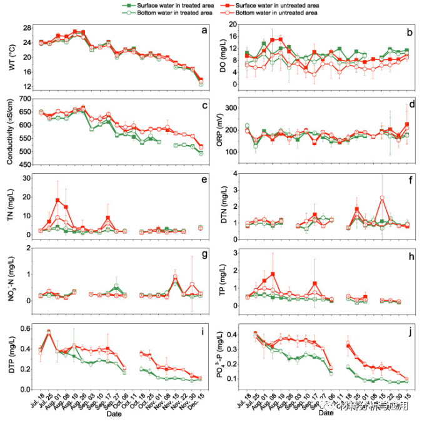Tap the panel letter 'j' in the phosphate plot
(x=409, y=330)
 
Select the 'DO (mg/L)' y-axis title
(x=219, y=55)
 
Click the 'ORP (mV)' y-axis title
(x=219, y=130)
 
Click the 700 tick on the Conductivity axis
(x=26, y=99)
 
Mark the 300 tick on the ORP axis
(x=233, y=108)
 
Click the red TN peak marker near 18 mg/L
(x=58, y=200)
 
